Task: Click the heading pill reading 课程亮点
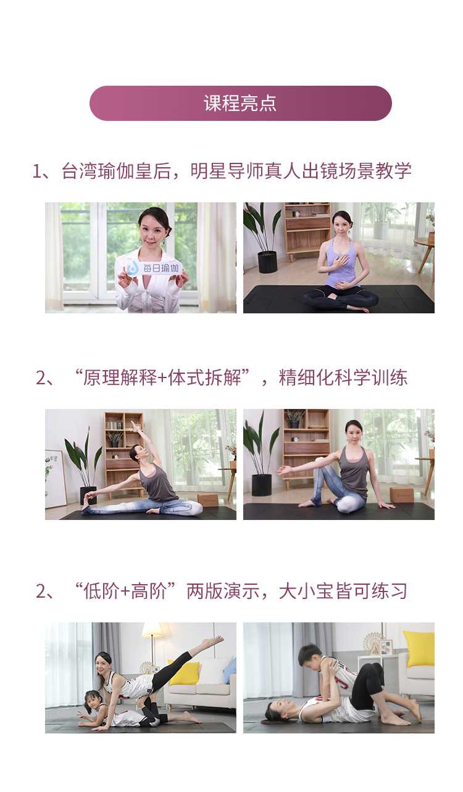pyautogui.click(x=240, y=103)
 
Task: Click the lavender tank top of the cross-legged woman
pyautogui.click(x=339, y=262)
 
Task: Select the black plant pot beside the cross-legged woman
pyautogui.click(x=267, y=262)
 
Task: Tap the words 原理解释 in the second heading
pyautogui.click(x=120, y=377)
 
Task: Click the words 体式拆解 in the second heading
pyautogui.click(x=204, y=377)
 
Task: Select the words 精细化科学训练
pyautogui.click(x=343, y=377)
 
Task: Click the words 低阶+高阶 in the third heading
pyautogui.click(x=125, y=591)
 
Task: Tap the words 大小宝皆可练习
pyautogui.click(x=343, y=591)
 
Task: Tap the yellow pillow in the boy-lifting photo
pyautogui.click(x=419, y=648)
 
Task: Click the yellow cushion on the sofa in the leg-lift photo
pyautogui.click(x=185, y=673)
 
